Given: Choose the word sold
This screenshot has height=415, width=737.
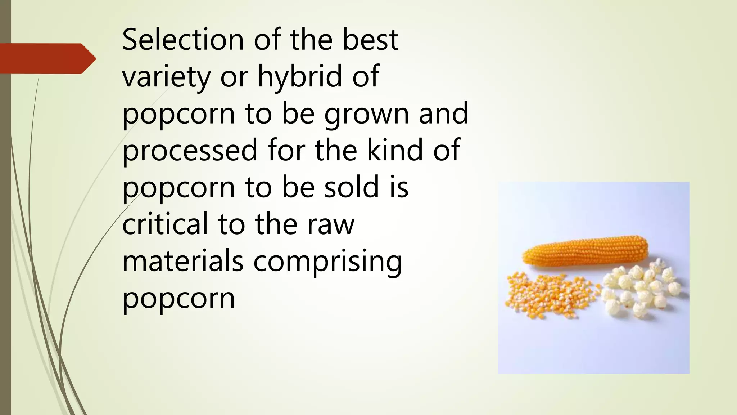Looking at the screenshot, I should pos(352,187).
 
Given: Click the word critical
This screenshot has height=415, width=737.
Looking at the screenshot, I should pos(165,224).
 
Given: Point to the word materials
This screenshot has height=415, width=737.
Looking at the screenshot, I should pos(183,262).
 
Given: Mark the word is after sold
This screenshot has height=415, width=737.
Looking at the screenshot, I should pos(399,187).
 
